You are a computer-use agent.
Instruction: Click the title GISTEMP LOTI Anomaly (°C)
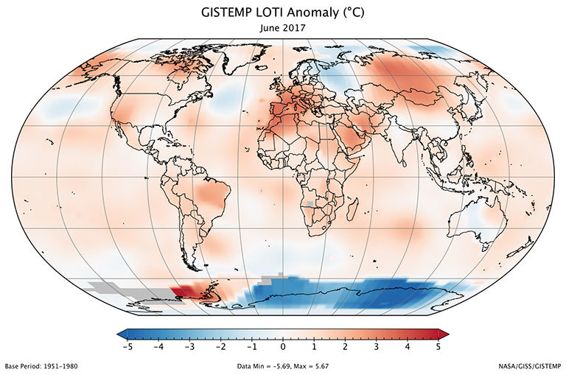283,13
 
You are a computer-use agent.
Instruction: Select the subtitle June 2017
283,27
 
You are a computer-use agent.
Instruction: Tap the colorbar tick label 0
283,346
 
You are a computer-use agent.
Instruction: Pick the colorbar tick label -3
189,346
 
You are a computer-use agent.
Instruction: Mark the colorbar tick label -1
251,346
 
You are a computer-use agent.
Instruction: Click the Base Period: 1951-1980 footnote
42,366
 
